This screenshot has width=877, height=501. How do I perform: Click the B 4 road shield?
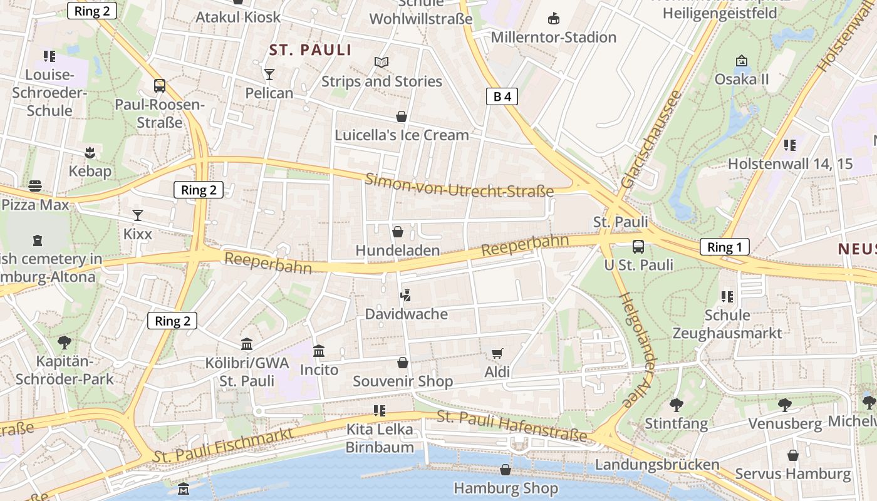pos(502,96)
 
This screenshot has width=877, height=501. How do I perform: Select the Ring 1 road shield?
pos(724,247)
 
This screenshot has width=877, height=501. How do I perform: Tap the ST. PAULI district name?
pos(310,50)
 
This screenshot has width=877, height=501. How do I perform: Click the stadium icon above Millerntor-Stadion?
pos(554,18)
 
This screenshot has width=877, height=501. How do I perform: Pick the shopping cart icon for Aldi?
pos(497,354)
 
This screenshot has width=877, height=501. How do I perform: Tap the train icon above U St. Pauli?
pos(638,246)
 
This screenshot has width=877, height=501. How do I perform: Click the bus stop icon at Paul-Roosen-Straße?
pos(160,86)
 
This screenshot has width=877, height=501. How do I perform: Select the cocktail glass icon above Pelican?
pos(269,75)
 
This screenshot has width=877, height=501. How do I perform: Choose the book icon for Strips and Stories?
pos(381,62)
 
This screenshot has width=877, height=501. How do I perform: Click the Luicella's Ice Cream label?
pos(402,135)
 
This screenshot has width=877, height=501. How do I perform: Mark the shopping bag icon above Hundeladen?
pos(397,232)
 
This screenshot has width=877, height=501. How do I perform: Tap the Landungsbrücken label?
pos(657,465)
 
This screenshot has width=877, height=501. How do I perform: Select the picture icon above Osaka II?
pos(742,61)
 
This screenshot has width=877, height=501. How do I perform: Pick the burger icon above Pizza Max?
pos(35,186)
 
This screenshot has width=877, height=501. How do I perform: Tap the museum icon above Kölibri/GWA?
pos(247,344)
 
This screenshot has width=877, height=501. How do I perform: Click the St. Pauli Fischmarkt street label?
pos(223,446)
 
